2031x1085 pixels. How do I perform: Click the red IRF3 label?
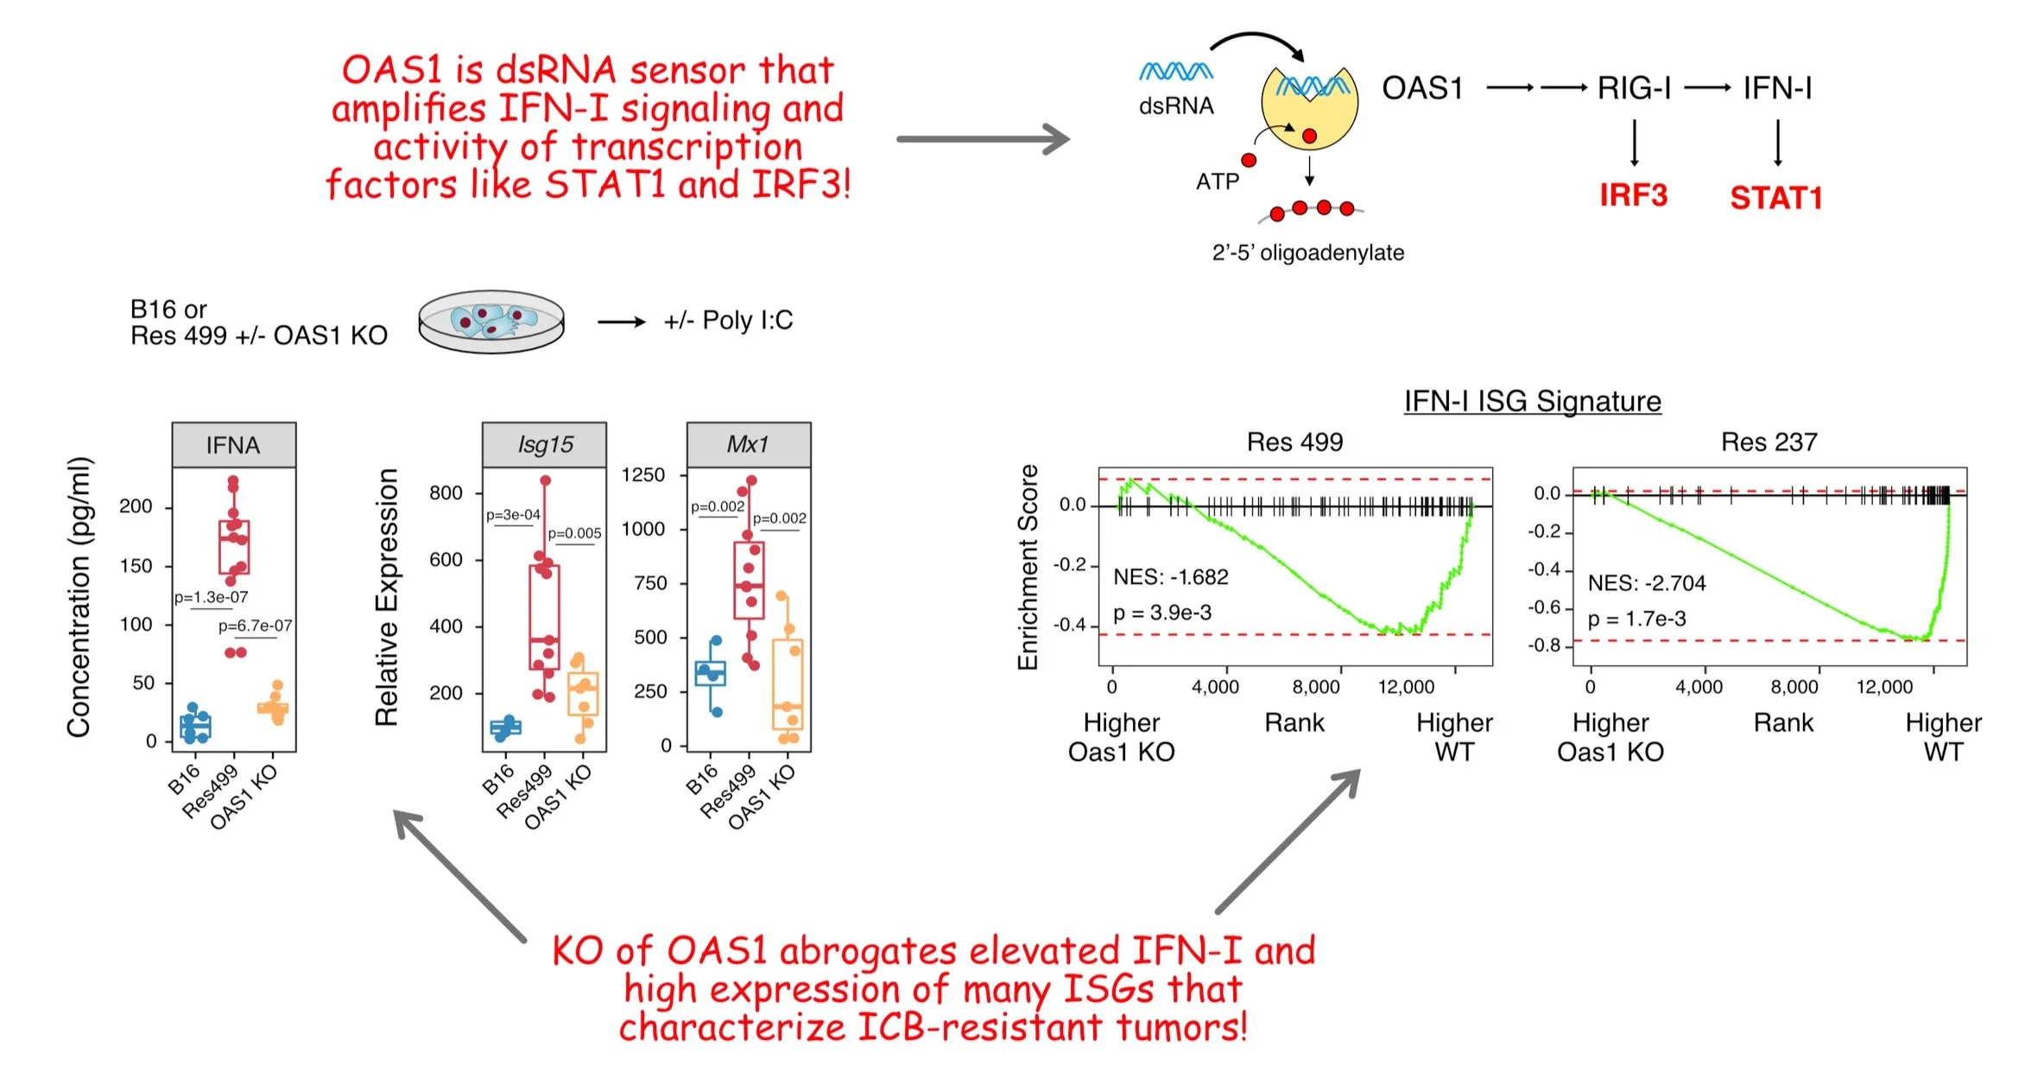coord(1633,195)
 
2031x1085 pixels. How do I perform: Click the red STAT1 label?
coord(1775,198)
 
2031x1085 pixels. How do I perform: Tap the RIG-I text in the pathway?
coord(1634,88)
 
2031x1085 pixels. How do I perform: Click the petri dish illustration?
coord(491,321)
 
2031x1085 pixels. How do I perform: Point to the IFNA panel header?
coord(233,445)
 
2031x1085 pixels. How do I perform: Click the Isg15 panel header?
coord(545,444)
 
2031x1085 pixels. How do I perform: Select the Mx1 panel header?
coord(748,444)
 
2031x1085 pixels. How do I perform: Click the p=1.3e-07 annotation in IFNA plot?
coord(211,597)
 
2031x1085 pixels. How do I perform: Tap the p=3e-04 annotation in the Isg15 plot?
coord(513,515)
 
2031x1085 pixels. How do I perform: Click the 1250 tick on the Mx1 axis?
coord(643,475)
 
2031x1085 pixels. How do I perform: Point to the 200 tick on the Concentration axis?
coord(136,506)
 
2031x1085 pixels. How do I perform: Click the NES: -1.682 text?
coord(1170,576)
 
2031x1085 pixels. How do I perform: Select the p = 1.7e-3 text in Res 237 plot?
coord(1636,619)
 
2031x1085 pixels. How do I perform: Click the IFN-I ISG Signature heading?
coord(1532,401)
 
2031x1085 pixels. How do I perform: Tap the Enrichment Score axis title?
coord(1028,567)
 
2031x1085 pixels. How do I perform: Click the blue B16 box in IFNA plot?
coord(195,727)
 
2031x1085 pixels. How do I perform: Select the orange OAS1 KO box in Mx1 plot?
coord(788,684)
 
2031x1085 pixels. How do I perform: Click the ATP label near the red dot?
coord(1217,181)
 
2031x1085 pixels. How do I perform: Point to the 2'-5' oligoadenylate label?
coord(1307,252)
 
